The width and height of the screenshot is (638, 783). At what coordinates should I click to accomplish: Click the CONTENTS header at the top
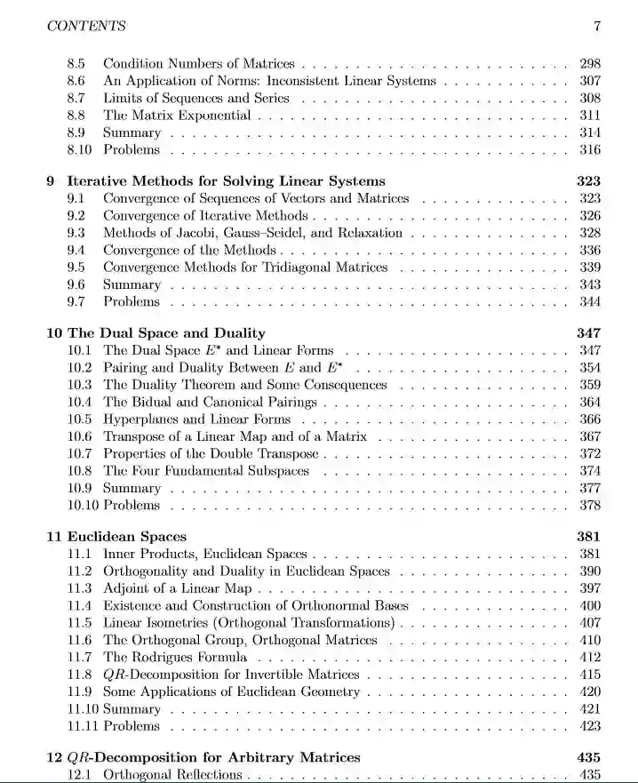pyautogui.click(x=85, y=26)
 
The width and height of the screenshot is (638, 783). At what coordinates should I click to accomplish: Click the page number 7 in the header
pyautogui.click(x=597, y=26)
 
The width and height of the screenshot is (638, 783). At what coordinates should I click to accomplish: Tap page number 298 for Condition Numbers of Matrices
pyautogui.click(x=589, y=64)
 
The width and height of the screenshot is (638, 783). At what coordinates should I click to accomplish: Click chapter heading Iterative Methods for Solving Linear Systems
pyautogui.click(x=227, y=180)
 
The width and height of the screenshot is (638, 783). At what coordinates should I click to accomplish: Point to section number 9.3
pyautogui.click(x=76, y=233)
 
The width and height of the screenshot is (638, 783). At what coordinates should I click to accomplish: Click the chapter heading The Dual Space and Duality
pyautogui.click(x=166, y=332)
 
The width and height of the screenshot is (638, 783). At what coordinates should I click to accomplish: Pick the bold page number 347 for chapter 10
pyautogui.click(x=588, y=332)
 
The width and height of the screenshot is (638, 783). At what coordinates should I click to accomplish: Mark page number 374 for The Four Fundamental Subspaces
pyautogui.click(x=589, y=471)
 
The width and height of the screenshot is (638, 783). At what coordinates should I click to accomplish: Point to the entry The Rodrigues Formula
pyautogui.click(x=175, y=658)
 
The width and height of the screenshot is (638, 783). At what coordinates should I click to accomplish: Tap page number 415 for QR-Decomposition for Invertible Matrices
pyautogui.click(x=589, y=675)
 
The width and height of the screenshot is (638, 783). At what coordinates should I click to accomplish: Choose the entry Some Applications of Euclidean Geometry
pyautogui.click(x=231, y=692)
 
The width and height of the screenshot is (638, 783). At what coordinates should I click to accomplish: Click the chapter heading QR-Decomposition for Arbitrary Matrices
pyautogui.click(x=213, y=757)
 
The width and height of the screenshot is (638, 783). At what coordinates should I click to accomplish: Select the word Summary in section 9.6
pyautogui.click(x=132, y=284)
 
